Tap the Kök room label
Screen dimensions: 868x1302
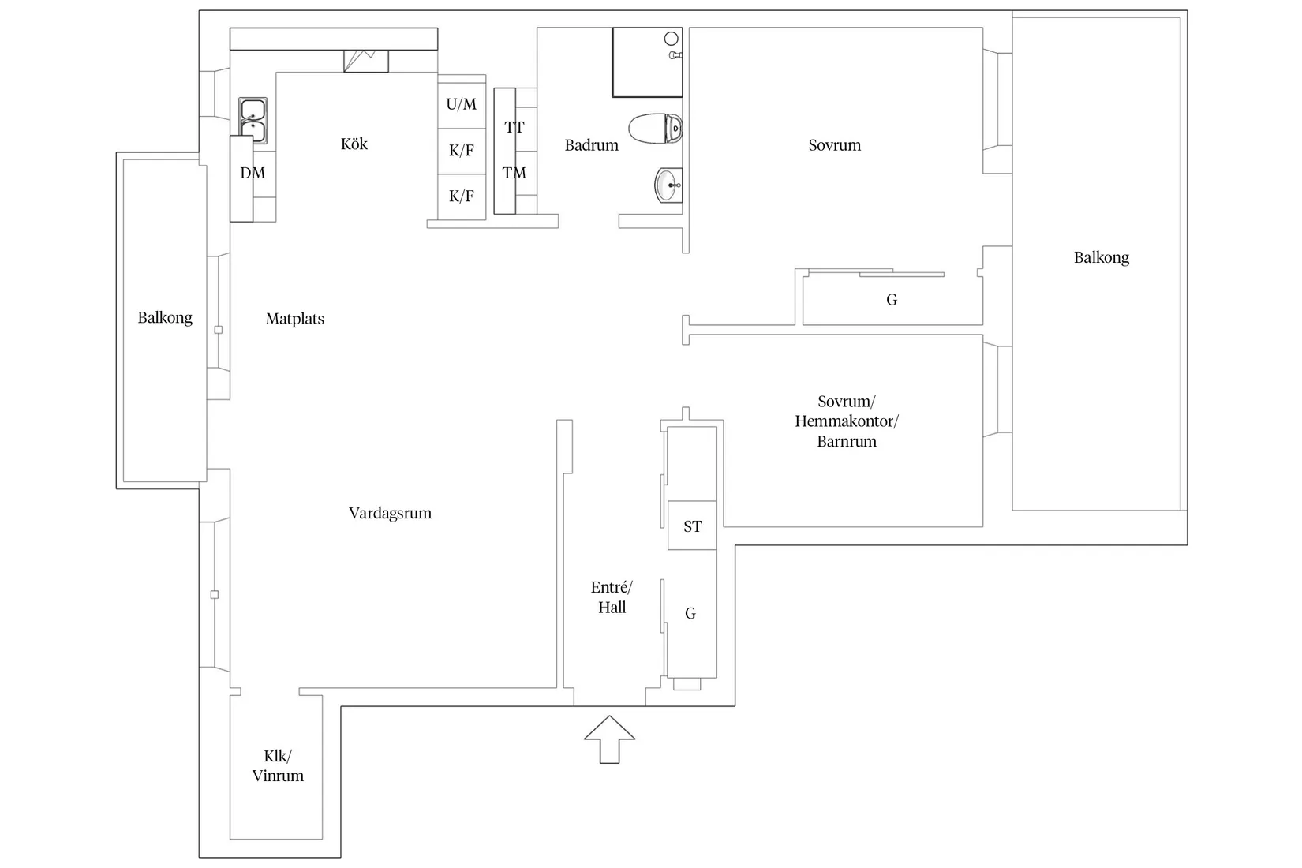(x=354, y=144)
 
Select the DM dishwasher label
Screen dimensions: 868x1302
(x=253, y=173)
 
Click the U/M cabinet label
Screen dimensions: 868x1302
(x=461, y=104)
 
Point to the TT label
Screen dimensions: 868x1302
(x=514, y=127)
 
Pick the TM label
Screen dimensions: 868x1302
(x=514, y=173)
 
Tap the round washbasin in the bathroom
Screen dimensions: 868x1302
(x=668, y=186)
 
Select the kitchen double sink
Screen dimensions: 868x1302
(x=253, y=120)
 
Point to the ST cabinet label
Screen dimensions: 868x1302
(x=692, y=526)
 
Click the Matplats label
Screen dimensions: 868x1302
(x=294, y=319)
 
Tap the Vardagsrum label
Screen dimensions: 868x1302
(x=390, y=513)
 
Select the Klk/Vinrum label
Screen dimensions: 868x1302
(x=278, y=766)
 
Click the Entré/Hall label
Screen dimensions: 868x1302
(x=612, y=597)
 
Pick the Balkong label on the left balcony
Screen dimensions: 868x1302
(x=164, y=317)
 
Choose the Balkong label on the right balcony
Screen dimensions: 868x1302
(x=1101, y=257)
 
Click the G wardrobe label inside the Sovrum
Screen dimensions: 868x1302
(x=892, y=300)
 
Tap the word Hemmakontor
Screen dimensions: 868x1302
(x=846, y=421)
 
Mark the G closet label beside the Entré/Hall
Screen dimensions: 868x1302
(x=690, y=613)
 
